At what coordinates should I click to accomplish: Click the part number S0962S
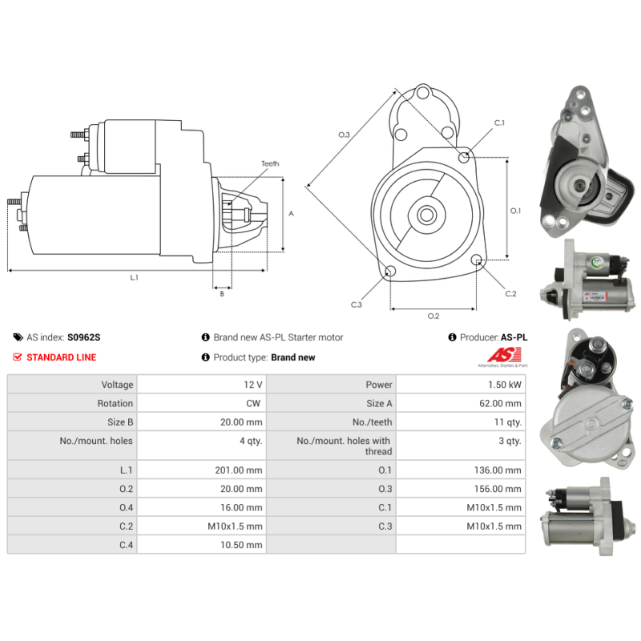tap(84, 337)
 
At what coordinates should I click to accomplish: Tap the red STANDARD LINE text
tap(62, 357)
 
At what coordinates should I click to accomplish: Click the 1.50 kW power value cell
tap(505, 385)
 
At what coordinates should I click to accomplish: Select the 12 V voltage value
tap(253, 385)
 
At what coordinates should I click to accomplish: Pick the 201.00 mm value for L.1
tap(239, 470)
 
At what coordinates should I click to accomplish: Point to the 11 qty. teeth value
tap(508, 422)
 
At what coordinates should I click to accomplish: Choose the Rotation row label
tap(115, 404)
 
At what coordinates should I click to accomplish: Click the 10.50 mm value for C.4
tap(241, 545)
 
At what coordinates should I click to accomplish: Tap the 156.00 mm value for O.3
tap(498, 489)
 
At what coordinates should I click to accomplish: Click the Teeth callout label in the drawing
tap(270, 163)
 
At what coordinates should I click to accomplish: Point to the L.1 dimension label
tap(134, 277)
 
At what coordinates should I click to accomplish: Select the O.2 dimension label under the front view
tap(433, 316)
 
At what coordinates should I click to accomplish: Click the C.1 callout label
tap(499, 123)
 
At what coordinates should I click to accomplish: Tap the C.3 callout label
tap(356, 304)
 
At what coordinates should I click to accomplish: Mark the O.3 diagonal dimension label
tap(344, 135)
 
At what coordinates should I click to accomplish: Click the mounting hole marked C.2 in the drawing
tap(477, 260)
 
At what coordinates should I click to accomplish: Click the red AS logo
tap(505, 355)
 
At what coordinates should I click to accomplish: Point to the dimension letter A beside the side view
tap(291, 213)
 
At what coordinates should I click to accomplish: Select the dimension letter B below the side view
tap(222, 294)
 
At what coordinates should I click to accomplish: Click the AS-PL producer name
tap(514, 337)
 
